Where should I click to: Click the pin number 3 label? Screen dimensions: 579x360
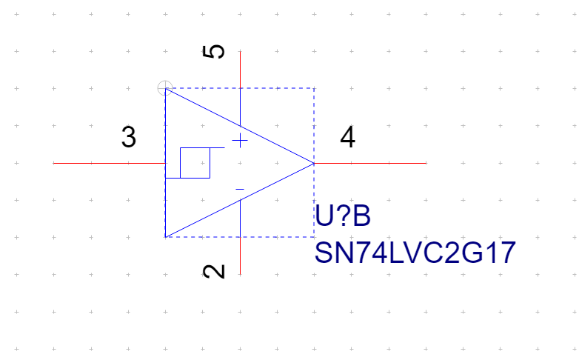(x=129, y=138)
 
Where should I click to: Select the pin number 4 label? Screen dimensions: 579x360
(x=347, y=138)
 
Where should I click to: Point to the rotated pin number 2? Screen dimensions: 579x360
(x=215, y=271)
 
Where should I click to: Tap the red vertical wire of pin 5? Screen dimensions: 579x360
(x=240, y=70)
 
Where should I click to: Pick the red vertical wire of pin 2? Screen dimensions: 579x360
(x=240, y=256)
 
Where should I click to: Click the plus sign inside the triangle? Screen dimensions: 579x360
(x=240, y=141)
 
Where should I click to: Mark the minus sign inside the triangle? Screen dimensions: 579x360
(x=240, y=190)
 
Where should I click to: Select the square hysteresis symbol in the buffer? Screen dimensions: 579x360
(x=195, y=163)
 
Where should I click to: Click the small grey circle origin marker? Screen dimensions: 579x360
(x=165, y=88)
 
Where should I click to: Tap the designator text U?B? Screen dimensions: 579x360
(x=342, y=217)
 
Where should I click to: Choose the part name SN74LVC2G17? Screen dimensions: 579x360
(x=415, y=253)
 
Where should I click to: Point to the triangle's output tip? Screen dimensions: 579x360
(x=314, y=163)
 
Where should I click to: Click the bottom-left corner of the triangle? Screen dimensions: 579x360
(x=165, y=237)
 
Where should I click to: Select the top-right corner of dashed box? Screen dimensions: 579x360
(x=314, y=88)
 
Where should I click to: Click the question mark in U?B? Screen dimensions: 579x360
(x=342, y=217)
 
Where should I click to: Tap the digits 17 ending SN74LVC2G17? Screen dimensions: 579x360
(x=501, y=253)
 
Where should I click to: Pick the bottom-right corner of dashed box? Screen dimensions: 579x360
(x=314, y=237)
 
